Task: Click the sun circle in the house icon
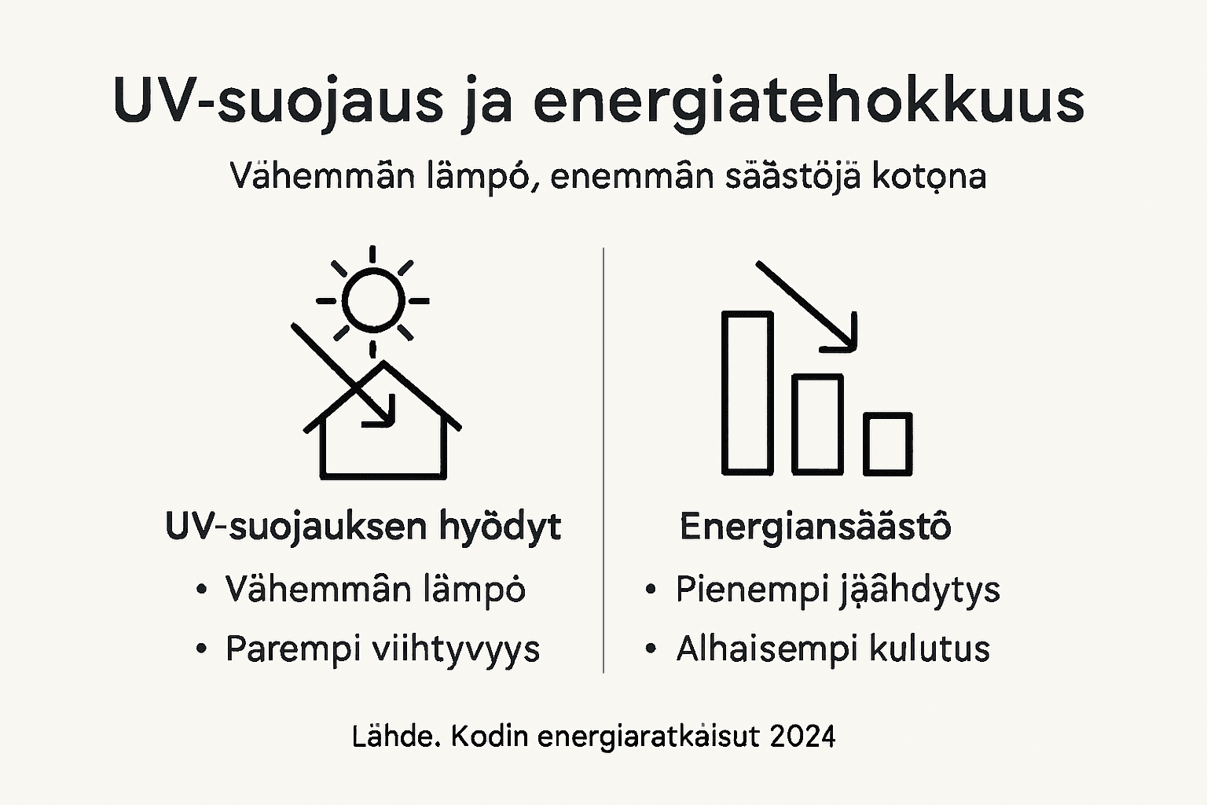pyautogui.click(x=373, y=300)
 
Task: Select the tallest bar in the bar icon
pyautogui.click(x=747, y=393)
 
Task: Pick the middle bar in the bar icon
pyautogui.click(x=817, y=425)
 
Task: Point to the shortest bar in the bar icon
pyautogui.click(x=888, y=444)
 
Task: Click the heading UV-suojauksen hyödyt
pyautogui.click(x=363, y=527)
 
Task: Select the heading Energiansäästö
pyautogui.click(x=815, y=527)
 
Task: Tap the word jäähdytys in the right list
pyautogui.click(x=917, y=590)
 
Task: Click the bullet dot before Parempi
pyautogui.click(x=202, y=649)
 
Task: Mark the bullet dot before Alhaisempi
pyautogui.click(x=651, y=649)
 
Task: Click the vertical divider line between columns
pyautogui.click(x=603, y=460)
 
